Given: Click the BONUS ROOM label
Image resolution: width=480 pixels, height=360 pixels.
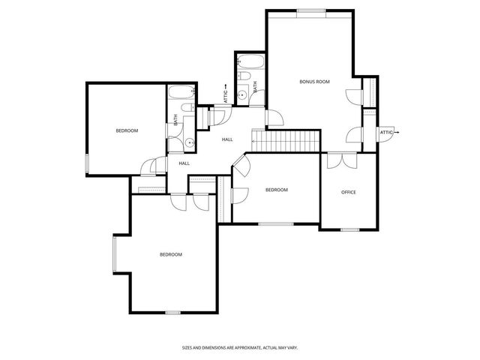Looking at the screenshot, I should click(x=314, y=81).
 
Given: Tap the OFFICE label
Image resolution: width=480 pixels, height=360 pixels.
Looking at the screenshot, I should click(x=349, y=192).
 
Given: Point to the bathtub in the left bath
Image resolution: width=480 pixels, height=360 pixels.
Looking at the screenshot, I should click(x=181, y=94).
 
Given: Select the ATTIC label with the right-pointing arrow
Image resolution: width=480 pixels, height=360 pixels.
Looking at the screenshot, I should click(x=387, y=132).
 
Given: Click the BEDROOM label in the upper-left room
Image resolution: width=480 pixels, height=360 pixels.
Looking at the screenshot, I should click(x=127, y=130).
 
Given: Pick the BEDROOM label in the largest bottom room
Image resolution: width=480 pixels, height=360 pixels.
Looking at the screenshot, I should click(x=170, y=254).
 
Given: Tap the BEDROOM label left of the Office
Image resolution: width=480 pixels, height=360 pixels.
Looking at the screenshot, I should click(x=276, y=190).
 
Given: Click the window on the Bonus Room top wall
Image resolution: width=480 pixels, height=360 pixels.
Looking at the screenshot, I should click(x=311, y=10).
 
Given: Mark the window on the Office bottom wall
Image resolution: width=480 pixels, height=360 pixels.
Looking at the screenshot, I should click(x=349, y=229).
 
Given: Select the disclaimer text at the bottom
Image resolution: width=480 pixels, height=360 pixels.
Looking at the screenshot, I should click(x=240, y=347).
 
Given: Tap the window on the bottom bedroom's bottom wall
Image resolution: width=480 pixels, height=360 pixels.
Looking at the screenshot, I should click(x=172, y=312).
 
